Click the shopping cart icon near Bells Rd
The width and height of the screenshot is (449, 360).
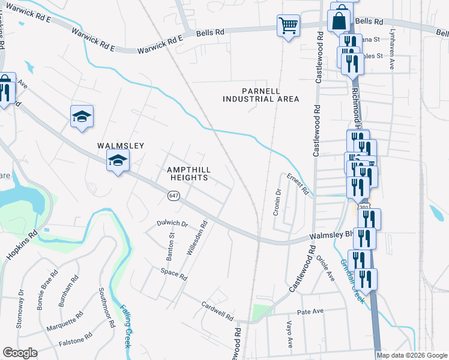point(288,26)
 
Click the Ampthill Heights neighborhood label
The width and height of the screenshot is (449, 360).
point(188,174)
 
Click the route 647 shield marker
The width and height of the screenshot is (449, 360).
point(173,196)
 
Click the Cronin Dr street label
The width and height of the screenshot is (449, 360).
point(277,203)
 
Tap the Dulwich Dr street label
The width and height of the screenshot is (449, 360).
point(172,224)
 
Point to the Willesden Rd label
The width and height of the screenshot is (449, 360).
point(197,238)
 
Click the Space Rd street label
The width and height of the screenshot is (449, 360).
point(174,275)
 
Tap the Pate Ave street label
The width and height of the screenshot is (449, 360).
point(310,311)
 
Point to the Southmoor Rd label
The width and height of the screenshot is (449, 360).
point(107,307)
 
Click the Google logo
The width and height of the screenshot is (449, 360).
point(20,353)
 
